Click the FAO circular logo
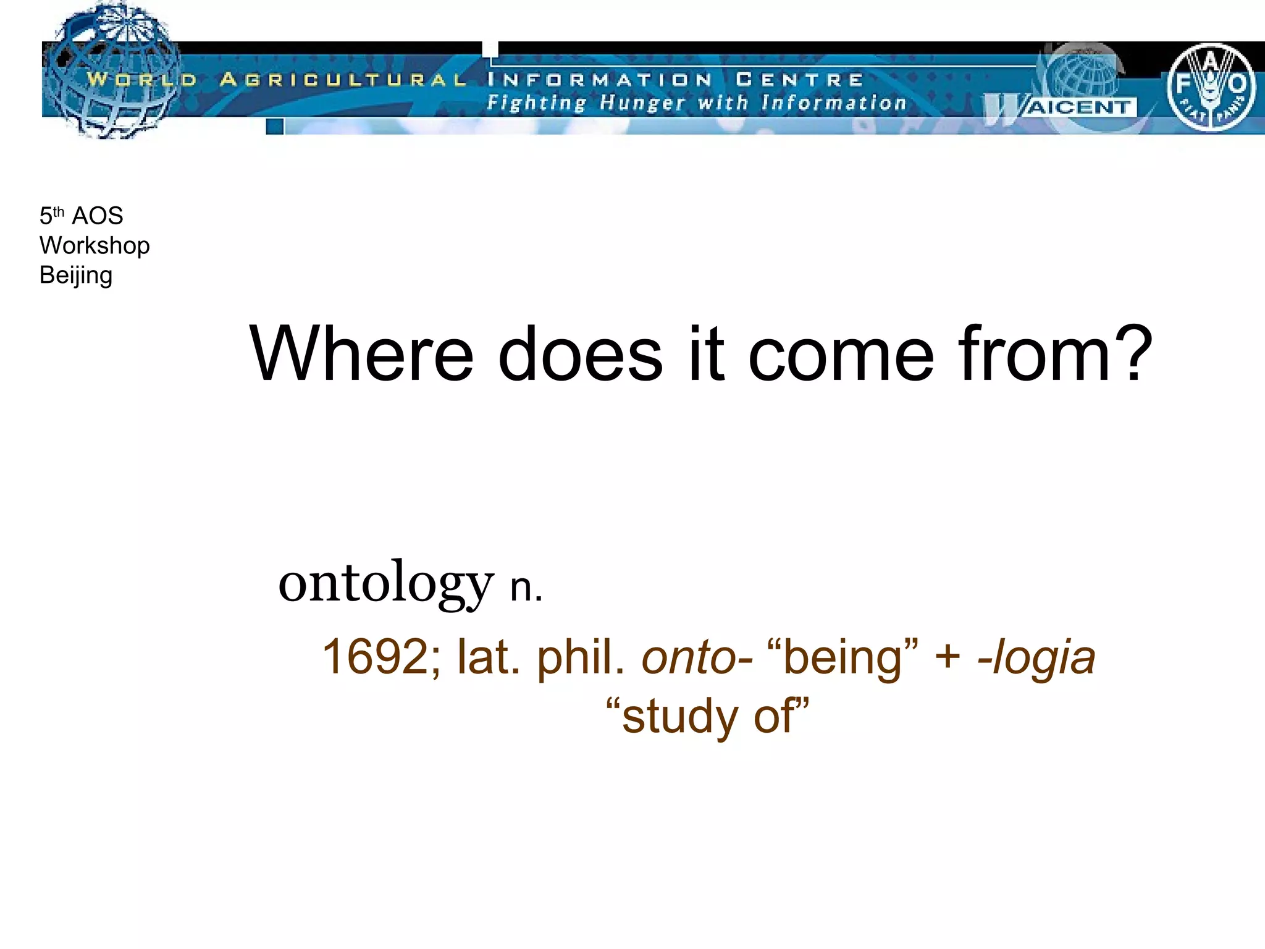pos(1211,87)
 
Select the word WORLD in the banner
pos(141,80)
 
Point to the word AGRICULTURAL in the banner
pos(343,80)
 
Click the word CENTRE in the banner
pos(799,80)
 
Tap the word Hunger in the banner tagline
pos(642,103)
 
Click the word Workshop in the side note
pos(95,245)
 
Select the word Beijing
pos(76,275)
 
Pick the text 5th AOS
pos(81,216)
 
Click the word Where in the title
pos(361,355)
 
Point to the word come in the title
pos(841,355)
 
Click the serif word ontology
pos(385,583)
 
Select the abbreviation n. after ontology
pos(526,588)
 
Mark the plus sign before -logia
pos(948,657)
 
